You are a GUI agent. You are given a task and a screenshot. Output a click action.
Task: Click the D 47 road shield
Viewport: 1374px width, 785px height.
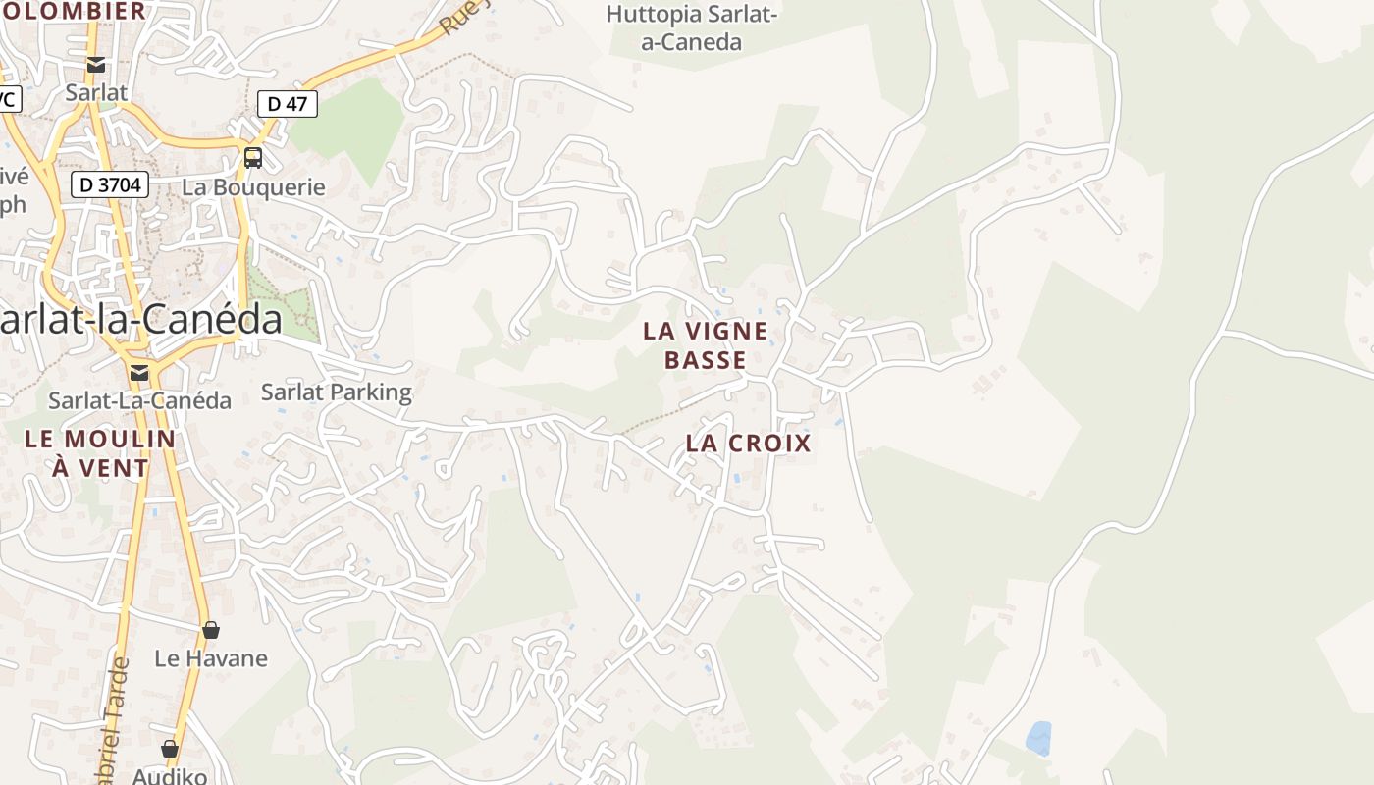pyautogui.click(x=288, y=103)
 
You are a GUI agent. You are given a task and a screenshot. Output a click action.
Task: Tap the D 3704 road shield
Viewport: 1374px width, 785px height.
pyautogui.click(x=110, y=184)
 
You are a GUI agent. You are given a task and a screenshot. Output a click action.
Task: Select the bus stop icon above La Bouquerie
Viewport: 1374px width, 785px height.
pyautogui.click(x=253, y=157)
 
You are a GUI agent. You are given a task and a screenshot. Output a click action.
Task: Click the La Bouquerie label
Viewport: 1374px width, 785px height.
pyautogui.click(x=253, y=186)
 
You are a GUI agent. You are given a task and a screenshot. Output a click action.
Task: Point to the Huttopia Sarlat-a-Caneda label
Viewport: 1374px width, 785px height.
pyautogui.click(x=692, y=28)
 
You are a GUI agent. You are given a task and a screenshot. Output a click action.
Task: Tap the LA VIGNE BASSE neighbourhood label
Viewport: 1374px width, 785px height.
pyautogui.click(x=705, y=345)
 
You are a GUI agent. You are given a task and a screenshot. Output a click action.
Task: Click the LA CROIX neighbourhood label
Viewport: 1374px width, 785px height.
pyautogui.click(x=748, y=443)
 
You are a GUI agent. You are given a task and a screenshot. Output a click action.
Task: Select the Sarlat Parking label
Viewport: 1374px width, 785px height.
pyautogui.click(x=336, y=392)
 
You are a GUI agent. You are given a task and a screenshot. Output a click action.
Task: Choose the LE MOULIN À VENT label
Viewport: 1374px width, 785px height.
pyautogui.click(x=100, y=453)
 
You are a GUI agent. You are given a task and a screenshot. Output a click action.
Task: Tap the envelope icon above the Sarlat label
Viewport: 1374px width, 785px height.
pyautogui.click(x=96, y=65)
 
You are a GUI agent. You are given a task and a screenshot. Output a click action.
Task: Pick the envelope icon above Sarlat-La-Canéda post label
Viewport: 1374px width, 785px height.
pyautogui.click(x=139, y=372)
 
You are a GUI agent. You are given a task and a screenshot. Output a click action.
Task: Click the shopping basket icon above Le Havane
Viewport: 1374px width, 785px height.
pyautogui.click(x=210, y=630)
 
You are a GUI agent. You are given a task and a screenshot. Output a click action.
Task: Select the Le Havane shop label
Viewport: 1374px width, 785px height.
pyautogui.click(x=210, y=657)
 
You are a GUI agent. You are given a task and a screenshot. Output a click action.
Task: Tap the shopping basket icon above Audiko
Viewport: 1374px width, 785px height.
pyautogui.click(x=170, y=750)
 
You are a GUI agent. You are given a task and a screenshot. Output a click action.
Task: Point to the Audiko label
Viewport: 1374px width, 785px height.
pyautogui.click(x=170, y=775)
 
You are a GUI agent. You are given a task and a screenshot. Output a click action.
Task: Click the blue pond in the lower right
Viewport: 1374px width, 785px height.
pyautogui.click(x=1037, y=738)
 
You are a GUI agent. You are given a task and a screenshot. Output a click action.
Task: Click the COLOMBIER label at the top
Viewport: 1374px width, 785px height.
pyautogui.click(x=74, y=11)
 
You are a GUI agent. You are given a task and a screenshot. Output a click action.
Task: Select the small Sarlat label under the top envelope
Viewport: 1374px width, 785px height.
pyautogui.click(x=96, y=92)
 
